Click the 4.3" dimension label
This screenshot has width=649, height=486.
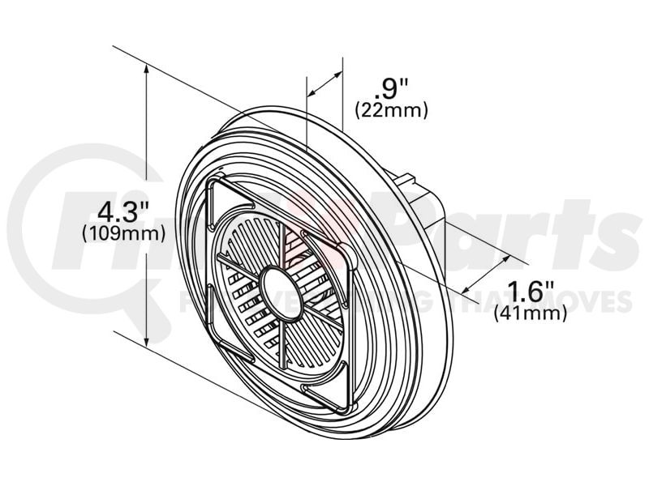click(x=124, y=211)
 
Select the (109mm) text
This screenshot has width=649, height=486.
click(x=124, y=233)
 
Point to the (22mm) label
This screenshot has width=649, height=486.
click(x=392, y=109)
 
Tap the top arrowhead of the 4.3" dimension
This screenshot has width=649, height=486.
click(x=146, y=71)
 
